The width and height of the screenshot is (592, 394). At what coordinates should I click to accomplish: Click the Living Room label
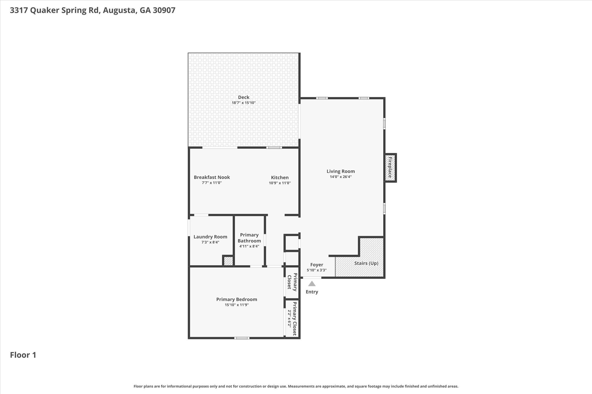coord(341,171)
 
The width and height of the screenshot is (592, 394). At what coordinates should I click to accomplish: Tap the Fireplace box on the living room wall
coord(390,168)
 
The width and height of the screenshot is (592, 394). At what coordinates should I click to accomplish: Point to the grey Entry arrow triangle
coord(312,284)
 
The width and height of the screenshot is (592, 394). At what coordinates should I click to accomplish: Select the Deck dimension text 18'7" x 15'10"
coord(244,103)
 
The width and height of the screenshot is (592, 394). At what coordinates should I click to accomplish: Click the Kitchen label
coord(280,178)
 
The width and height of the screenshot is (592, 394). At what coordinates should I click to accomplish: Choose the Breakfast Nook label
coord(212,177)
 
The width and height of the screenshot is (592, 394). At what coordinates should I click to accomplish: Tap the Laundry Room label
coord(210,237)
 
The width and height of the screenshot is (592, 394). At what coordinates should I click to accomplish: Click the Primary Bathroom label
coord(249,238)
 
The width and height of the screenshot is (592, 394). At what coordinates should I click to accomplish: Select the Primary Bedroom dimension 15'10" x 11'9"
coord(236,305)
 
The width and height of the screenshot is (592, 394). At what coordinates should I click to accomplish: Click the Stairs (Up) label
coord(366,263)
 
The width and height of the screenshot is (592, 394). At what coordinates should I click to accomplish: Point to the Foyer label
coord(317,265)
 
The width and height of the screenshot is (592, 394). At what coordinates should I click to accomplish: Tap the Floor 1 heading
coord(23,355)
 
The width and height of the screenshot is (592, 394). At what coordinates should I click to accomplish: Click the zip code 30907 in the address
coord(164,10)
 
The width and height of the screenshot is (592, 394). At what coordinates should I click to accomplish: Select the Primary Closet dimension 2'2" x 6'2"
coord(289,319)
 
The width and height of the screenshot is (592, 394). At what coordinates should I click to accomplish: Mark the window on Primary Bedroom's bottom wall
coord(242,338)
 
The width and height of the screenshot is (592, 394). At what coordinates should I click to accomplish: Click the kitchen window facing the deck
coord(274,147)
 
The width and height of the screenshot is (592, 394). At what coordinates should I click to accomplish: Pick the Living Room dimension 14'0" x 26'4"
coord(341,177)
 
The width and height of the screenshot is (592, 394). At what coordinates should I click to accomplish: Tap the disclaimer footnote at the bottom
coord(296,386)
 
